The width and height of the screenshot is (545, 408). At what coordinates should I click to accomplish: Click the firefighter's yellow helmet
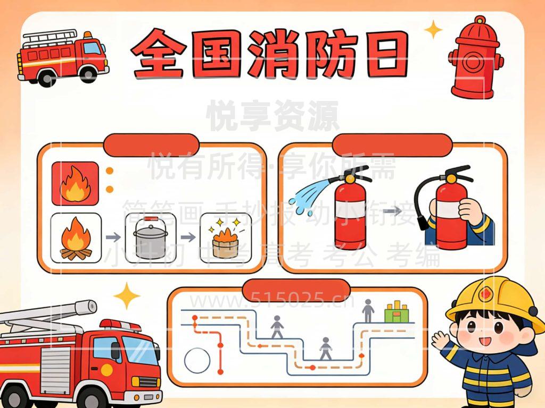[492, 303]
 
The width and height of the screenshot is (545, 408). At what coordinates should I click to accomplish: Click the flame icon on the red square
[75, 183]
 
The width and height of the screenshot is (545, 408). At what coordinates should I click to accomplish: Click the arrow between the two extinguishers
[392, 211]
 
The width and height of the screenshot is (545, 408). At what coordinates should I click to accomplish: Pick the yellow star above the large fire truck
[127, 296]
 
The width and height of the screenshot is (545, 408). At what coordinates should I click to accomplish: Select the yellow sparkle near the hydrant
[433, 29]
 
